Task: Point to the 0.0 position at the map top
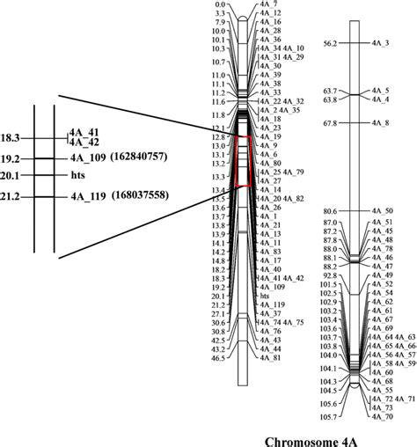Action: [221, 5]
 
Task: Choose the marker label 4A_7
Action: [268, 5]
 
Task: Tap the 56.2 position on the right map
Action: [331, 42]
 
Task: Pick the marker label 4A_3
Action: [380, 42]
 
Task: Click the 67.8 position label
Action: [331, 123]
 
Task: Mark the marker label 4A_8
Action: [380, 123]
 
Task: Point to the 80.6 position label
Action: [331, 211]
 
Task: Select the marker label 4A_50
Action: [382, 211]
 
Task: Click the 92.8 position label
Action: [331, 275]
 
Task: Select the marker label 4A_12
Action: [271, 14]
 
